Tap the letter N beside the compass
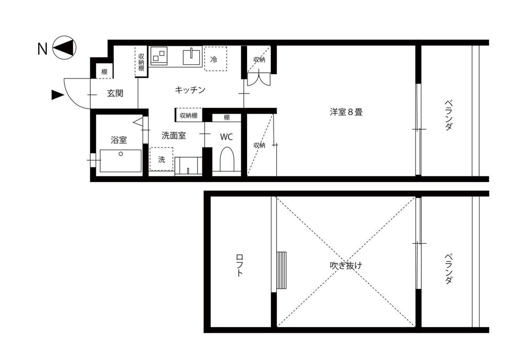pyautogui.click(x=42, y=49)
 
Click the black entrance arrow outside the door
pyautogui.click(x=57, y=95)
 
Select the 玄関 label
pyautogui.click(x=115, y=93)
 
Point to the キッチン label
pyautogui.click(x=190, y=90)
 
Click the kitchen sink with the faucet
pyautogui.click(x=192, y=55)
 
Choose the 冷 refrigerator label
pyautogui.click(x=214, y=59)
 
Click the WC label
pyautogui.click(x=226, y=136)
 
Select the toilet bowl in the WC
pyautogui.click(x=226, y=159)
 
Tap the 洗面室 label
pyautogui.click(x=173, y=135)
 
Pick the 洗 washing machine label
pyautogui.click(x=161, y=159)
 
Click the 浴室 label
pyautogui.click(x=118, y=140)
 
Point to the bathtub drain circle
pyautogui.click(x=121, y=154)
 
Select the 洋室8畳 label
pyautogui.click(x=346, y=112)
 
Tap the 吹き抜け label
pyautogui.click(x=346, y=265)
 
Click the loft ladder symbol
pyautogui.click(x=282, y=270)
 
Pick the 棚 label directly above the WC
pyautogui.click(x=227, y=117)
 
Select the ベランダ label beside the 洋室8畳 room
pyautogui.click(x=449, y=116)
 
